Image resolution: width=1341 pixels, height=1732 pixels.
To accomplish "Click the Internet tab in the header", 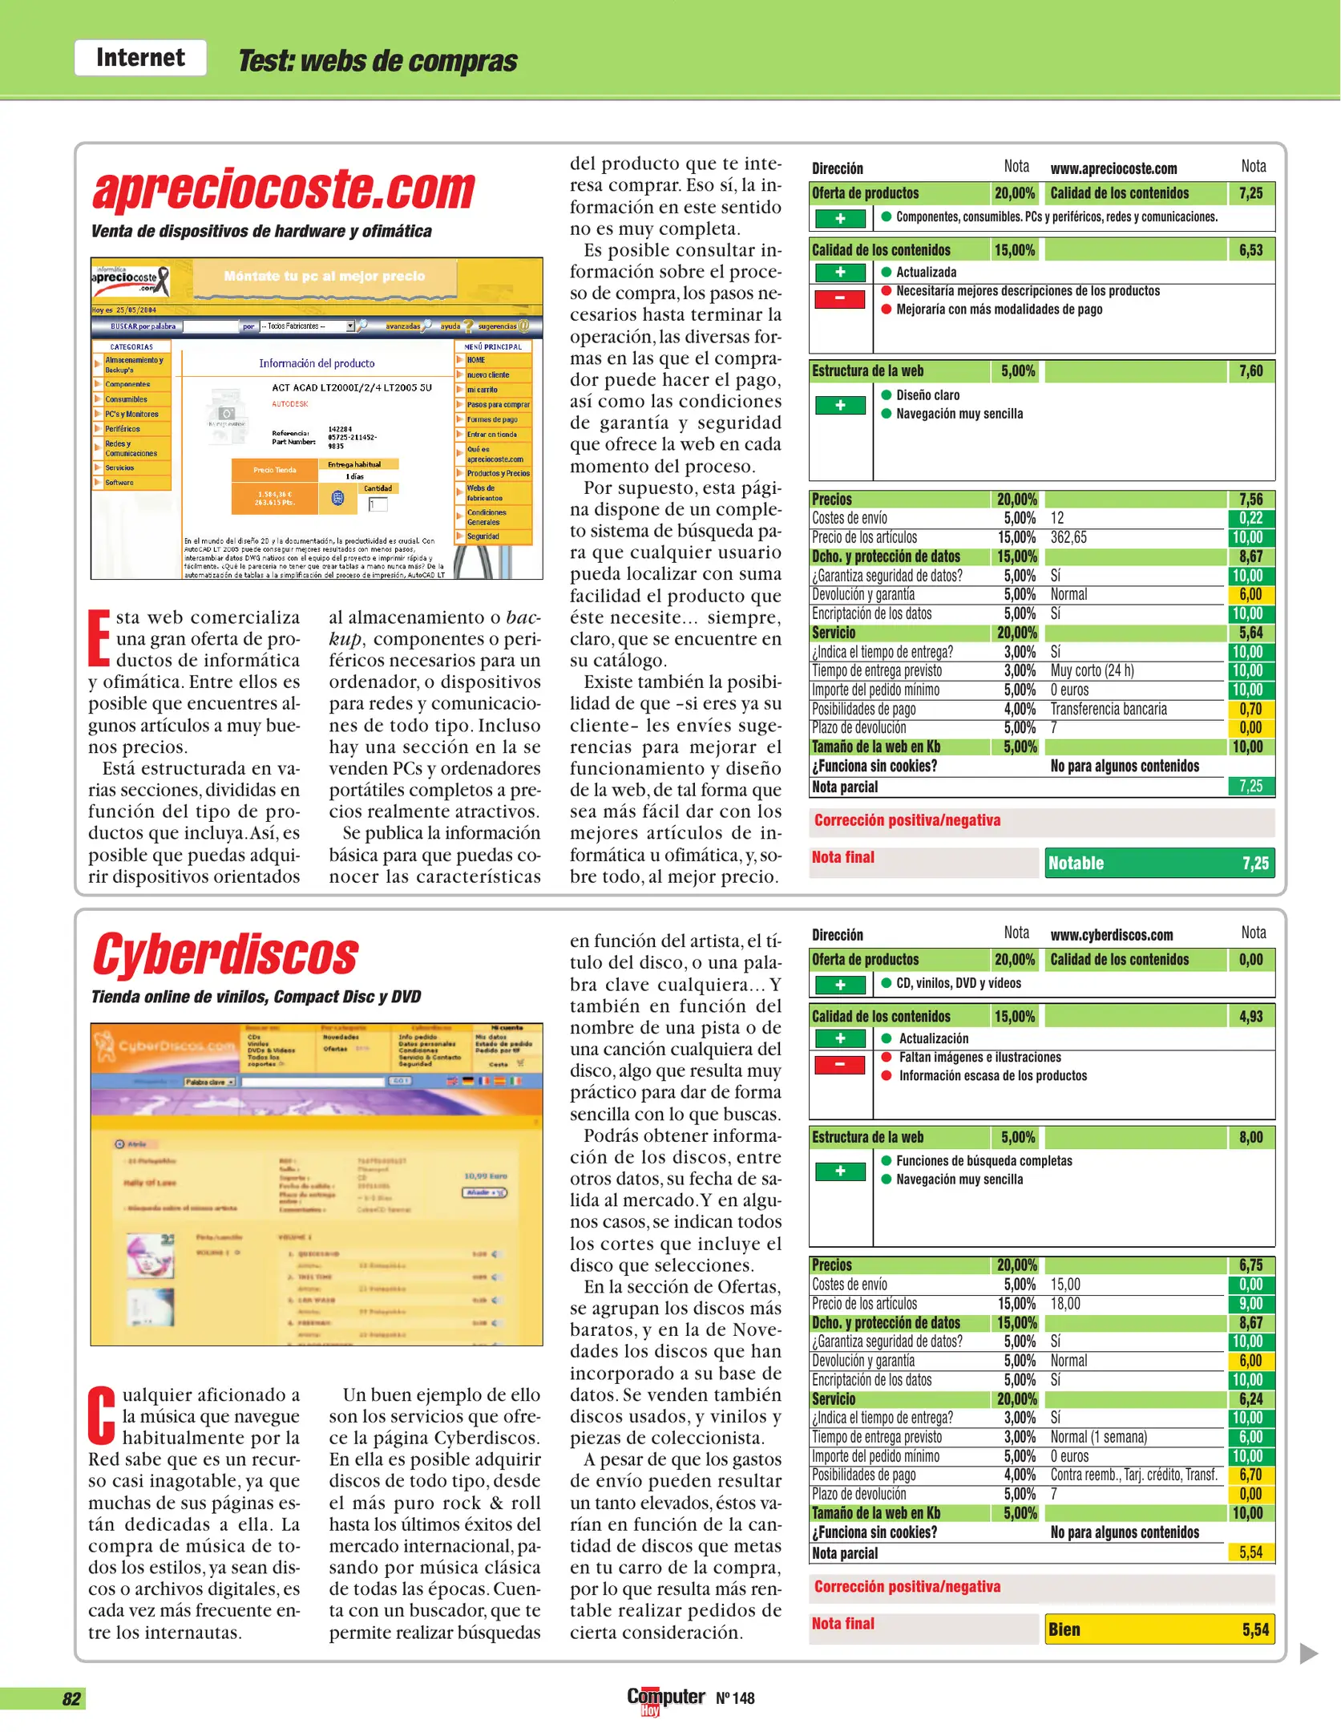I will coord(140,58).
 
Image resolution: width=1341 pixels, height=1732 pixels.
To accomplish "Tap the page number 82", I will coord(71,1698).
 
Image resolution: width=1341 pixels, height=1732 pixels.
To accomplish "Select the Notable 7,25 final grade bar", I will coord(1159,863).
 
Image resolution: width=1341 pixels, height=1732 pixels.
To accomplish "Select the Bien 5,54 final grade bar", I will coord(1159,1629).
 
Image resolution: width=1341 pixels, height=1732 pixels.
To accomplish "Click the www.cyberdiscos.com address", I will coord(1111,935).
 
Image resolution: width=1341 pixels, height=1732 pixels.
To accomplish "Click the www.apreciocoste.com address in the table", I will coord(1113,168).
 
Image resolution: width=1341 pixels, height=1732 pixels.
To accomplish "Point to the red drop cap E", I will coord(99,638).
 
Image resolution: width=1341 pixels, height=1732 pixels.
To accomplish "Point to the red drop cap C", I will coord(102,1416).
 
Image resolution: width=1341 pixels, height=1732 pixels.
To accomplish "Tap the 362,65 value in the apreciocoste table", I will coord(1068,537).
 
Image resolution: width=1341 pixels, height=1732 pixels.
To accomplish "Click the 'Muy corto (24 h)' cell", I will coord(1092,670).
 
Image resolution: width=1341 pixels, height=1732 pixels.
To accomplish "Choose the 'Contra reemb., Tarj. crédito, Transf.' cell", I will coord(1133,1475).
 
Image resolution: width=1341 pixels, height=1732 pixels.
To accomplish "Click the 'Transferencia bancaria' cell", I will coord(1109,709).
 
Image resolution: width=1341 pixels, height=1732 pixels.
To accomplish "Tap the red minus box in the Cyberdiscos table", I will coord(839,1065).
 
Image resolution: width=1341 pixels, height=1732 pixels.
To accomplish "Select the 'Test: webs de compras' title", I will coord(378,61).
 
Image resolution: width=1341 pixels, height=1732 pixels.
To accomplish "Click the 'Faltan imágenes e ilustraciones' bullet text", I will coord(979,1057).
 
